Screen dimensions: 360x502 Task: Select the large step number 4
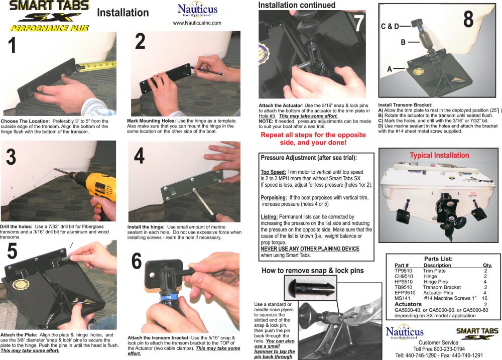point(139,157)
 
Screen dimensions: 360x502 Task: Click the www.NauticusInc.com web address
point(197,23)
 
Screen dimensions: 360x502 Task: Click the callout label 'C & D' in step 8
point(391,25)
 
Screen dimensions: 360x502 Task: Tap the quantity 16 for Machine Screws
point(485,298)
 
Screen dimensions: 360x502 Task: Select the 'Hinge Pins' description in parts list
point(436,282)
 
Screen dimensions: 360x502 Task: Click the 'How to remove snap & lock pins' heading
point(313,271)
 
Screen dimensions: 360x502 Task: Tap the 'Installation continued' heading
point(297,5)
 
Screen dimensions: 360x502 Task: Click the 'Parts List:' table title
point(439,259)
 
